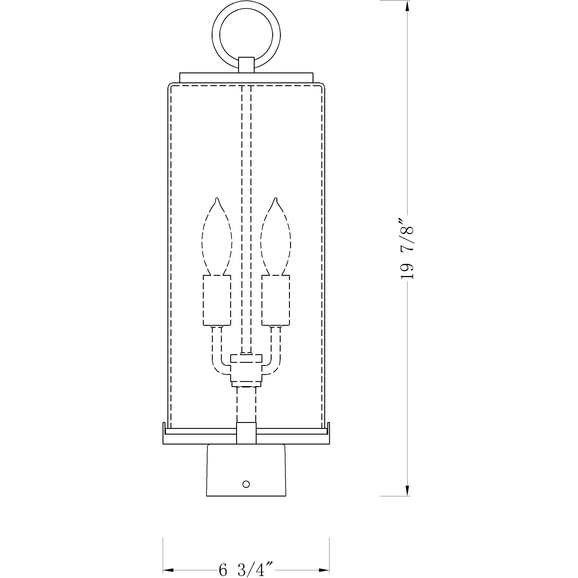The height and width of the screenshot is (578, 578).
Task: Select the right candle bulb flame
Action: pyautogui.click(x=276, y=239)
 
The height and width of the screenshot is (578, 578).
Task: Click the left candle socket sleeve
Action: pyautogui.click(x=217, y=300)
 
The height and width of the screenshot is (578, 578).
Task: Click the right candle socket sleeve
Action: pyautogui.click(x=276, y=300)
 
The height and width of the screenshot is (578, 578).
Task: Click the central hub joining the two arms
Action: pyautogui.click(x=246, y=371)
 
